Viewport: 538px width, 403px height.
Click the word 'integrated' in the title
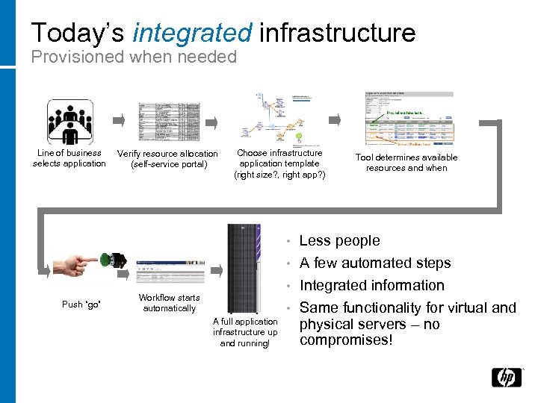192,32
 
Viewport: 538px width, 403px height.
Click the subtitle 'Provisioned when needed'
134,57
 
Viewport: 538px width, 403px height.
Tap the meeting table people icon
70,122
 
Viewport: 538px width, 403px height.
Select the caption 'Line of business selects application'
69,158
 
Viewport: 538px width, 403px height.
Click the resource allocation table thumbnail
169,122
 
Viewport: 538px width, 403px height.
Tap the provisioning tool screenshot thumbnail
408,118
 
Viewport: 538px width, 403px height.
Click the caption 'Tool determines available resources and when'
406,163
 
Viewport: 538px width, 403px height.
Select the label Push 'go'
81,304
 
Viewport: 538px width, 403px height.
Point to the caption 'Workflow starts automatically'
170,303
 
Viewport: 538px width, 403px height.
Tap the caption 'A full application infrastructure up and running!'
245,332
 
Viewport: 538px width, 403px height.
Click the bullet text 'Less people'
339,240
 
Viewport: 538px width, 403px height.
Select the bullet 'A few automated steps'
374,263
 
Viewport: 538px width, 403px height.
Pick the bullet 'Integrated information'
371,285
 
